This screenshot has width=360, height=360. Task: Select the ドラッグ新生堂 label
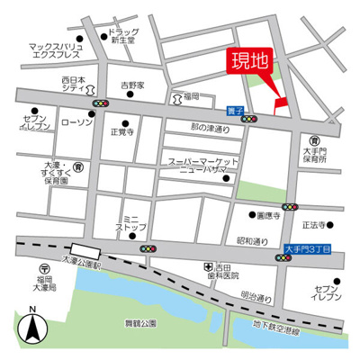click(121, 37)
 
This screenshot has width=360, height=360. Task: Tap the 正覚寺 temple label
click(122, 131)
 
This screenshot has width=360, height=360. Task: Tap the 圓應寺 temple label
click(269, 216)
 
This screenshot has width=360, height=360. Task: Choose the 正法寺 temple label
click(313, 225)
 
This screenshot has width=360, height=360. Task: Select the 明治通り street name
click(256, 296)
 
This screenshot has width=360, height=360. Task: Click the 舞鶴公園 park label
click(140, 322)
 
